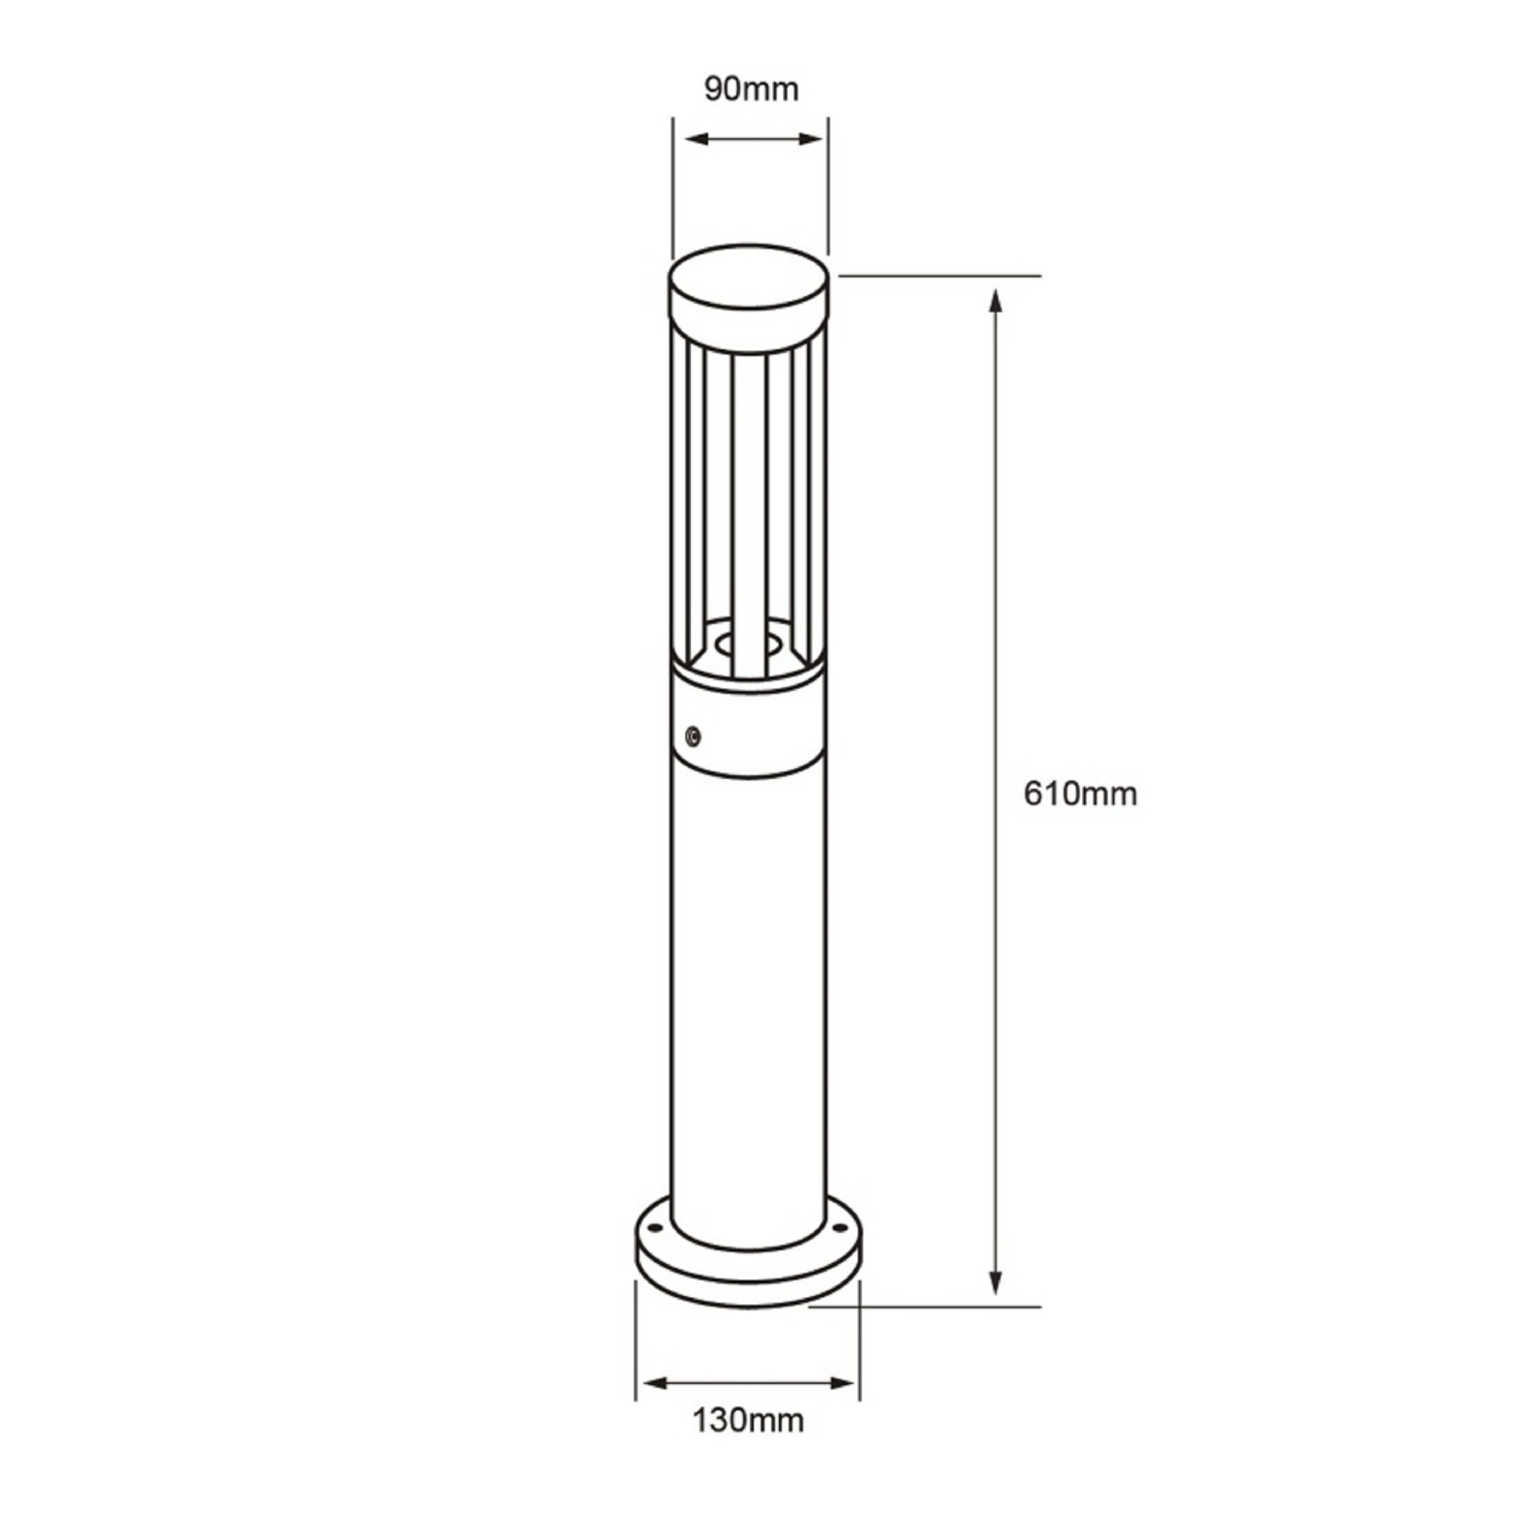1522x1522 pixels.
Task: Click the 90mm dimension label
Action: point(751,89)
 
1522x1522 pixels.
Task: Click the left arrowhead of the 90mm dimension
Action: point(698,140)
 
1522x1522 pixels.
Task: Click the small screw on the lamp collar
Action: point(693,737)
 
